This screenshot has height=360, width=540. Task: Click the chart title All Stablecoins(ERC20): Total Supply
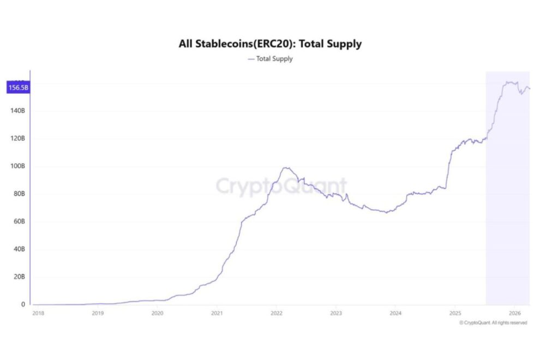[x=270, y=44]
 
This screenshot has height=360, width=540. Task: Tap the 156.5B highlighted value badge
[x=17, y=87]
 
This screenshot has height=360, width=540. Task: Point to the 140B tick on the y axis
[x=17, y=111]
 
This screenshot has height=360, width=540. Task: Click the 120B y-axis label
[x=17, y=139]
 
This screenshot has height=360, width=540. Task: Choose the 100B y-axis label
[x=17, y=166]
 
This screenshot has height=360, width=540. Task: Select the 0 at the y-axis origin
[x=22, y=304]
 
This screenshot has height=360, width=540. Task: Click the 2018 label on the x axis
[x=38, y=313]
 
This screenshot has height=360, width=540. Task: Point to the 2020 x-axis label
[x=157, y=313]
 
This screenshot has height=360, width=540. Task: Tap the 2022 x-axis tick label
[x=276, y=313]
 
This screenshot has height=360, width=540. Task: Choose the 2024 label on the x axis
[x=395, y=313]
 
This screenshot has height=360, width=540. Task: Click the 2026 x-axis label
[x=514, y=313]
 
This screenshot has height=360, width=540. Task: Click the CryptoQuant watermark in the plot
[x=281, y=186]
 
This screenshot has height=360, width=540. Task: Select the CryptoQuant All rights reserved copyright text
[x=493, y=323]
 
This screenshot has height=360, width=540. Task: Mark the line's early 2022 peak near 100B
[x=286, y=167]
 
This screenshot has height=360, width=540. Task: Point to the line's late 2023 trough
[x=386, y=212]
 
